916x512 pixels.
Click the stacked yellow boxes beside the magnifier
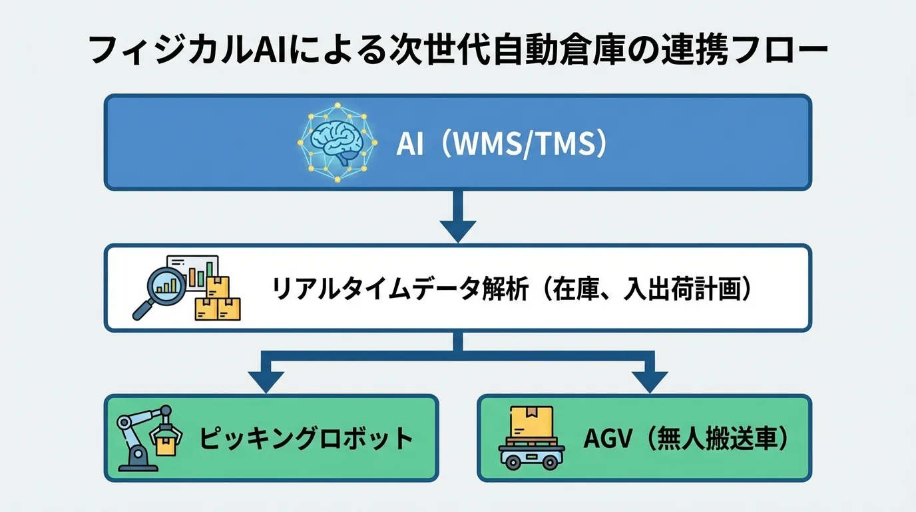[218, 300]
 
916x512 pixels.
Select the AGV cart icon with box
[531, 438]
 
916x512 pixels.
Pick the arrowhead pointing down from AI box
[457, 231]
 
